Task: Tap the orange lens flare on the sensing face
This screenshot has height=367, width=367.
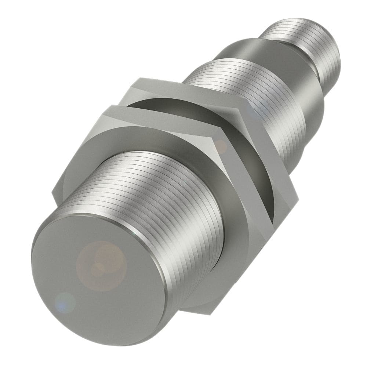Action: click(x=101, y=262)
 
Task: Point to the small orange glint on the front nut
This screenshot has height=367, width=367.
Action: click(x=221, y=147)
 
